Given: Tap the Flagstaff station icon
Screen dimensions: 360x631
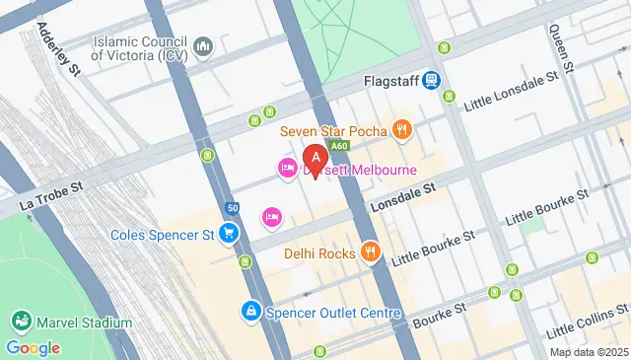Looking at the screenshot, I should pyautogui.click(x=432, y=80).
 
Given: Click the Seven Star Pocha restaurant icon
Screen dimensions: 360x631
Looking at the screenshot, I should pyautogui.click(x=401, y=129).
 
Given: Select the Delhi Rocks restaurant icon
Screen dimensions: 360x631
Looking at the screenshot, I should pyautogui.click(x=370, y=252).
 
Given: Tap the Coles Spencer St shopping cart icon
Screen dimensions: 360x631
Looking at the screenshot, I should pyautogui.click(x=229, y=233).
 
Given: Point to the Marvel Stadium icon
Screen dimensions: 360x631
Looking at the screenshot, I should pyautogui.click(x=21, y=323).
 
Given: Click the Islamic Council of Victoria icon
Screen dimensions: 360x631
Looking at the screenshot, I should pyautogui.click(x=203, y=47).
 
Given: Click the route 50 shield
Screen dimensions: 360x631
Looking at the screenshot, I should pyautogui.click(x=231, y=208).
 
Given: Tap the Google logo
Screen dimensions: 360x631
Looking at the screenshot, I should pyautogui.click(x=33, y=347).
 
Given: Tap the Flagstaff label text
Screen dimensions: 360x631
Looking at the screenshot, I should pyautogui.click(x=390, y=80).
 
